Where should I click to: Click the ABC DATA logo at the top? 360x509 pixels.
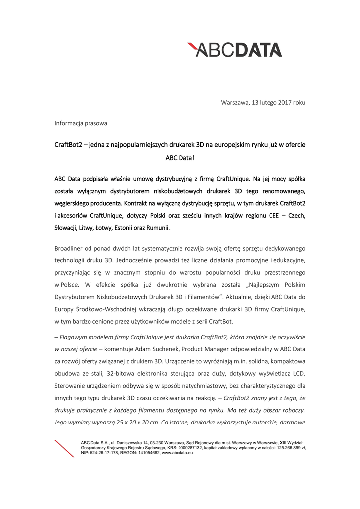(x=235, y=50)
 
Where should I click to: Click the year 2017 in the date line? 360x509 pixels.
(x=285, y=103)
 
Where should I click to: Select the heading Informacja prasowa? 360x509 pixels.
(x=81, y=122)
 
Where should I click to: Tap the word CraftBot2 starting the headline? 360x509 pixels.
(x=68, y=144)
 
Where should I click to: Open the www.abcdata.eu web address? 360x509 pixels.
(x=177, y=453)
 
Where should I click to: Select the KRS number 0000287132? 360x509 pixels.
(x=181, y=447)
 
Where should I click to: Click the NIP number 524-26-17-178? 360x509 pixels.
(x=104, y=453)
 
